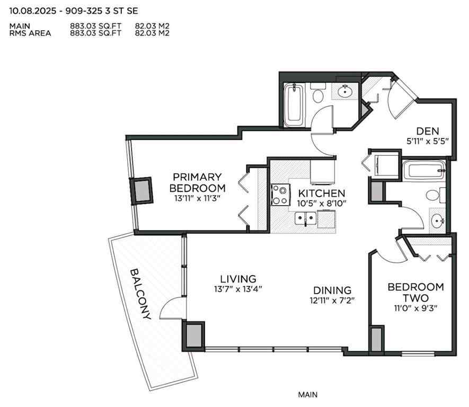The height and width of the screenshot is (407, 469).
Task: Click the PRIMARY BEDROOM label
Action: (x=197, y=182)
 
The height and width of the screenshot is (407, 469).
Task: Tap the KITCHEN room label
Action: (x=321, y=193)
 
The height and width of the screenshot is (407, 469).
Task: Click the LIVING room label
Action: (x=238, y=279)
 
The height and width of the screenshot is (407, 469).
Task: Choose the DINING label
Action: (x=332, y=290)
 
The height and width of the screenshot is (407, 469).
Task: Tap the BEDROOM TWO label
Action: (x=415, y=292)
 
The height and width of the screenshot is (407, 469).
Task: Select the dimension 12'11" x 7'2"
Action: (x=333, y=300)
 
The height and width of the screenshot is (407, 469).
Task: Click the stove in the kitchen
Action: (x=280, y=194)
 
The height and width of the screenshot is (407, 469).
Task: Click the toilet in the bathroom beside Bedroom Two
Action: (x=433, y=195)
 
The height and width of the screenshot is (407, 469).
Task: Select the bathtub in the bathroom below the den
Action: (x=423, y=172)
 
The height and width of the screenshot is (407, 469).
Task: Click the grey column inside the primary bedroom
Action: (x=142, y=190)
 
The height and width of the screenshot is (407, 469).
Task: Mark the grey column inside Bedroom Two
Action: (x=376, y=339)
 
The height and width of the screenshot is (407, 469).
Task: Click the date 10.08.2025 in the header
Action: (x=32, y=10)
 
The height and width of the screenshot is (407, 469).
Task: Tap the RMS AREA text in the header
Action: (x=30, y=33)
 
